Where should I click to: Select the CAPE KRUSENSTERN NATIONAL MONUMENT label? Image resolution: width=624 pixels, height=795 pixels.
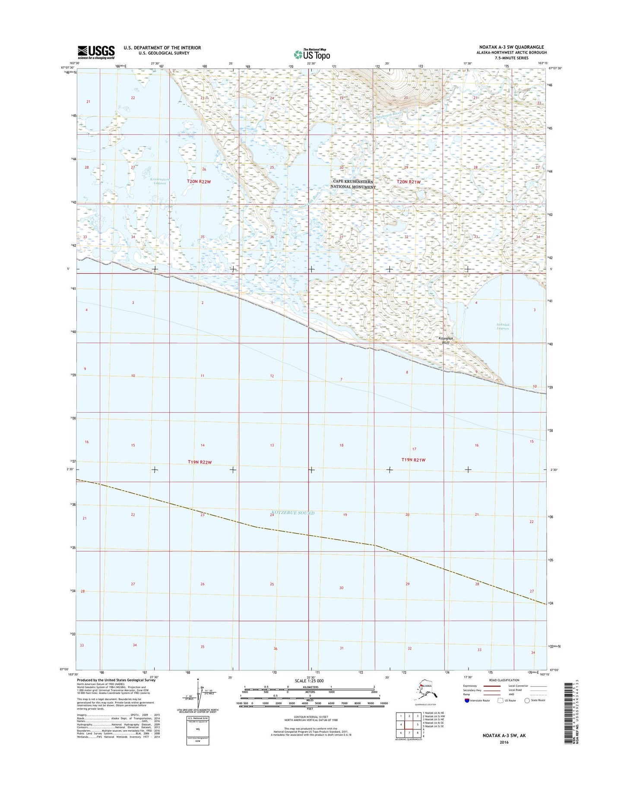(353, 184)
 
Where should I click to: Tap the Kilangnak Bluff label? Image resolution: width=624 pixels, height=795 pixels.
(447, 341)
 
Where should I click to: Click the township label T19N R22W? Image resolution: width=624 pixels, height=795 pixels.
(200, 462)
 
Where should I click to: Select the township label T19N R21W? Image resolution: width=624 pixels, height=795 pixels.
(413, 460)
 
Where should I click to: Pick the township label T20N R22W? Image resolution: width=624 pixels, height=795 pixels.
(199, 182)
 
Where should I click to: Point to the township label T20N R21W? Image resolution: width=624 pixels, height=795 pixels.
(409, 182)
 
